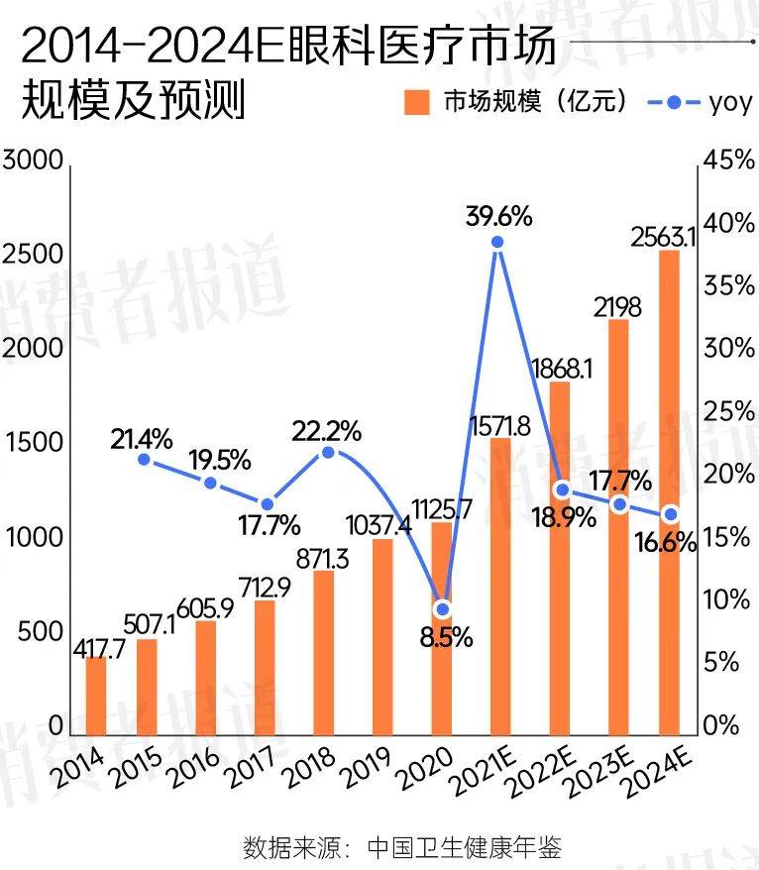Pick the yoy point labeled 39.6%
pos(498,242)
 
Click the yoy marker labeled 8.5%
pos(442,608)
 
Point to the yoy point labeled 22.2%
pos(329,453)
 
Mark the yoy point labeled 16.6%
pos(671,514)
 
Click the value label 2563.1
pos(665,238)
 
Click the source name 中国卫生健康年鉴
pos(464,848)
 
